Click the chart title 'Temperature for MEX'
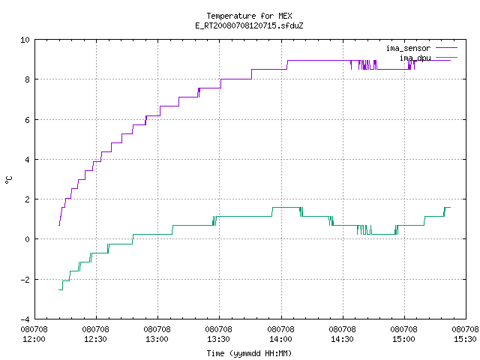[249, 16]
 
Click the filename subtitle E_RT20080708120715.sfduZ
[249, 25]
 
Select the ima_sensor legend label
[408, 48]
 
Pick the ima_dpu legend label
[415, 58]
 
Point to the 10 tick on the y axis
[25, 40]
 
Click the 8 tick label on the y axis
[28, 79]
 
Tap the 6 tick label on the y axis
[28, 120]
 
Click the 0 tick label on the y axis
[28, 239]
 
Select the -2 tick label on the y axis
[25, 280]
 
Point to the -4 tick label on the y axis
[25, 319]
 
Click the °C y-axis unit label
[9, 180]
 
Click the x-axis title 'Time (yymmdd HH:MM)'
[249, 353]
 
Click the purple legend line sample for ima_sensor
[446, 48]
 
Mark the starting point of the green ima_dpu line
[58, 289]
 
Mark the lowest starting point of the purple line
[59, 225]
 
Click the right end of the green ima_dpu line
[450, 208]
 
